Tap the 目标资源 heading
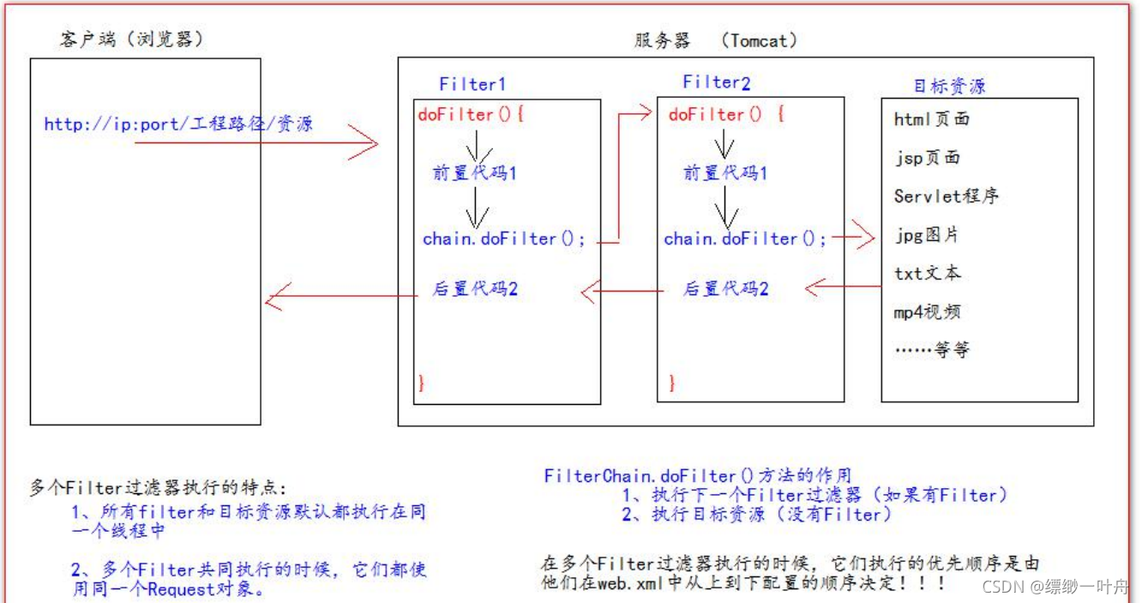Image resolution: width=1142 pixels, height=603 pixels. coord(949,86)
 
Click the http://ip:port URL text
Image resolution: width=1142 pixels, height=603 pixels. coord(178,124)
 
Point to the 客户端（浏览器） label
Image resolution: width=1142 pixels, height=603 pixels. coord(133,39)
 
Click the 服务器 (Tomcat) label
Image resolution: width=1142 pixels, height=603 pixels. coord(716,40)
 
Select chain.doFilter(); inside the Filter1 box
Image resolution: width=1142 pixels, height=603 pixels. coord(504,239)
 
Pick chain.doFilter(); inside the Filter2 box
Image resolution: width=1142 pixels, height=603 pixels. coord(745,239)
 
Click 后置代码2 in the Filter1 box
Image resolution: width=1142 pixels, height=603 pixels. coord(475,289)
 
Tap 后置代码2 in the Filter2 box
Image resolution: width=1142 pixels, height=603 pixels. coord(725,289)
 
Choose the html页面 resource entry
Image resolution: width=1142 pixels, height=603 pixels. coord(931,119)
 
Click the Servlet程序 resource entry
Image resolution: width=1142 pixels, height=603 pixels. coord(946,196)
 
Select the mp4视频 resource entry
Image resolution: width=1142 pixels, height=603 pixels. coord(927,311)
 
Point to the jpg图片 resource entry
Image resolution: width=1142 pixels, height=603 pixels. coord(927,234)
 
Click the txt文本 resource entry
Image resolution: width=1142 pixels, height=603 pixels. coord(927,273)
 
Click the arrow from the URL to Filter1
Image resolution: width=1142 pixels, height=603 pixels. coord(257,144)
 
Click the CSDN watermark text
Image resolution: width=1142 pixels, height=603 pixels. coord(1055,587)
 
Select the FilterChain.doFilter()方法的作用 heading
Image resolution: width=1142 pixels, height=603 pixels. coord(698,476)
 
